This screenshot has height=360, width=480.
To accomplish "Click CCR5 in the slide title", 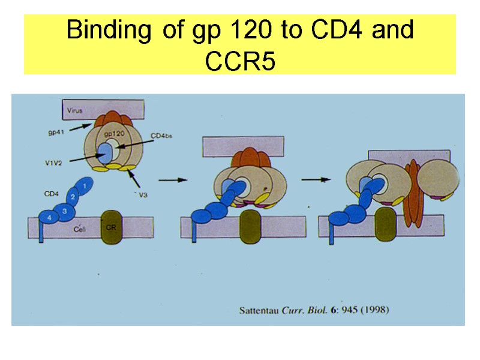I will [240, 61].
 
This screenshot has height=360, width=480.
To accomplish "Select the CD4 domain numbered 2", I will [73, 197].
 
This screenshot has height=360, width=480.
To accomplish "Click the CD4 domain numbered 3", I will [64, 211].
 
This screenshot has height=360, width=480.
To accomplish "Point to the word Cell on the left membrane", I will [79, 229].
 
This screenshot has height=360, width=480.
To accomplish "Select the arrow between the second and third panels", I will [316, 179].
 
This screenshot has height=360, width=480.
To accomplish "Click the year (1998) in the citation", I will [374, 311].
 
